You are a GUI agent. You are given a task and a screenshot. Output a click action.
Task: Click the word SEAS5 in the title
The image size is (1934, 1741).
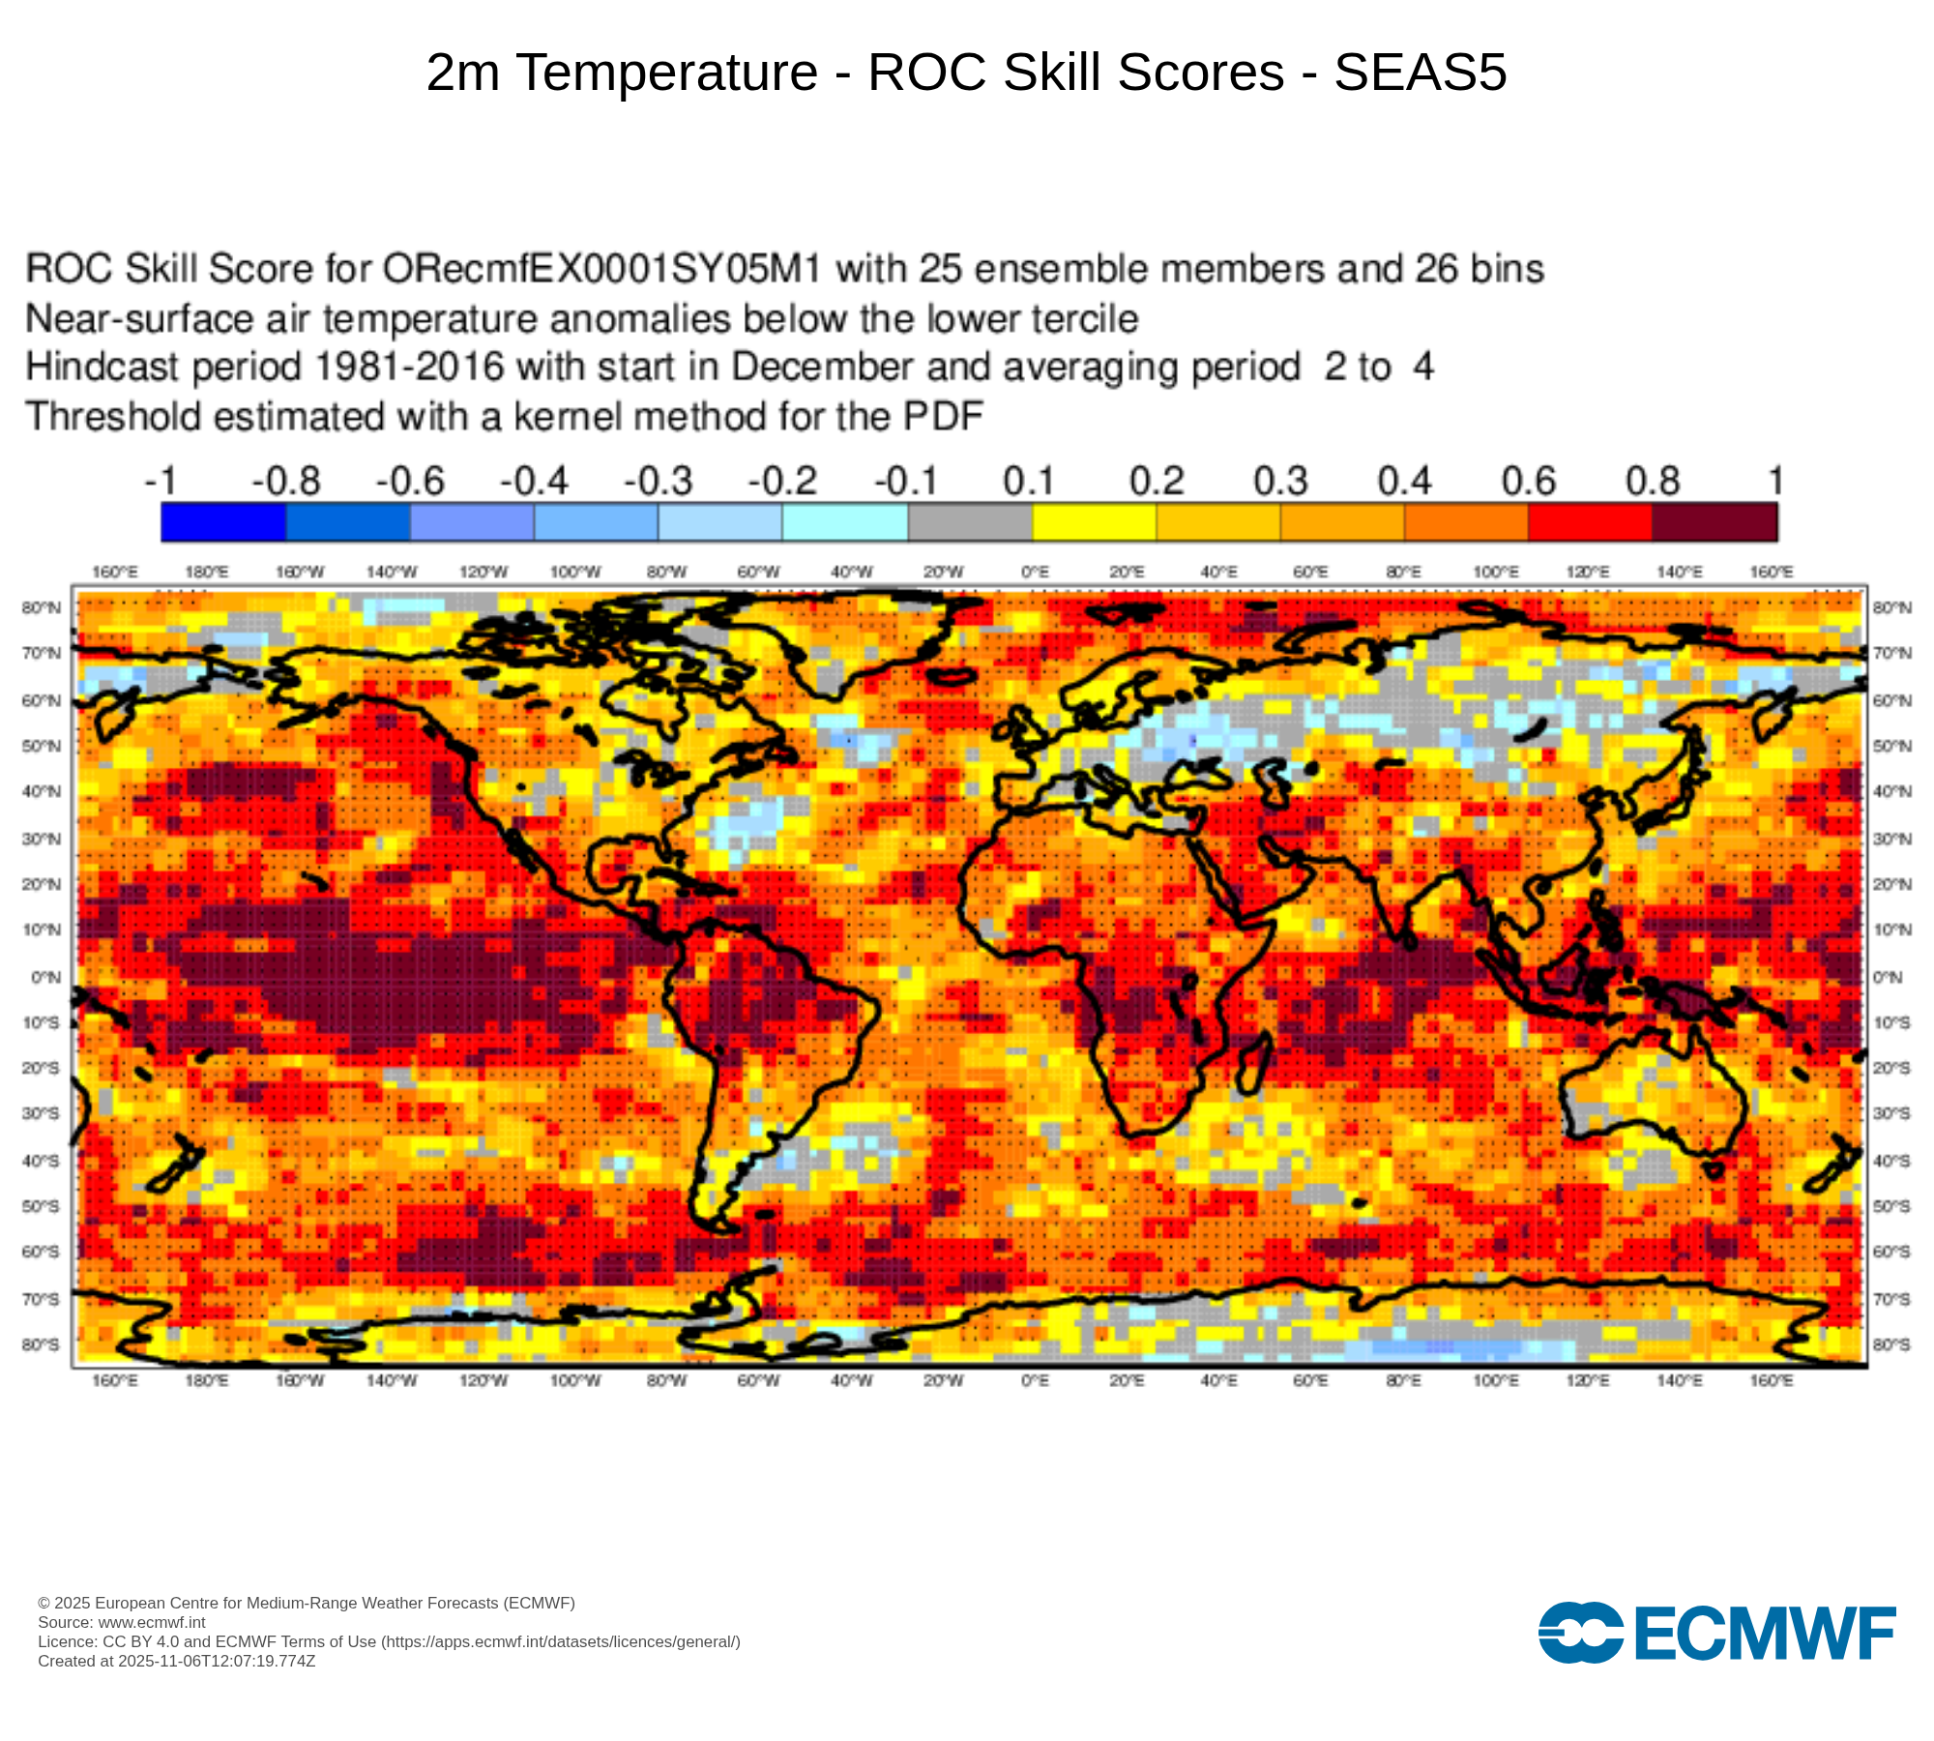(x=1420, y=73)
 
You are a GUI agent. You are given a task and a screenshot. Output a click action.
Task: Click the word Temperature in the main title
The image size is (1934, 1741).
(x=667, y=73)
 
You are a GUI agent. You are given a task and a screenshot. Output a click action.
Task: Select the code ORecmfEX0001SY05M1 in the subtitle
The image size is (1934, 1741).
(x=601, y=269)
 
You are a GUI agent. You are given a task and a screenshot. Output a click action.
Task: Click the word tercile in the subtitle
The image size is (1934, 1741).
(x=1081, y=319)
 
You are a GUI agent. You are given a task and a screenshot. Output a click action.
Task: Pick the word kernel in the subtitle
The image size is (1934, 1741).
(x=574, y=417)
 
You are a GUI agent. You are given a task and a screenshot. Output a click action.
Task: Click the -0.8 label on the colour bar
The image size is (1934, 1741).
(x=286, y=481)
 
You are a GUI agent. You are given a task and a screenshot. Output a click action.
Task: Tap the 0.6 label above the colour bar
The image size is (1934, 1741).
(x=1528, y=481)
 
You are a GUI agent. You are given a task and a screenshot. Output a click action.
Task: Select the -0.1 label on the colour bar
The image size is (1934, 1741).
(x=906, y=481)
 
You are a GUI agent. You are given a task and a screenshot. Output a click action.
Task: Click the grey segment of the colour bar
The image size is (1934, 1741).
(x=970, y=523)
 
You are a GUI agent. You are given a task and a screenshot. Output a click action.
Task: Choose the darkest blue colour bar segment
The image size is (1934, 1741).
(x=223, y=523)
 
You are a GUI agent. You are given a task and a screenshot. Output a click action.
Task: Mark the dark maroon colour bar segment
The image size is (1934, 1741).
(x=1714, y=523)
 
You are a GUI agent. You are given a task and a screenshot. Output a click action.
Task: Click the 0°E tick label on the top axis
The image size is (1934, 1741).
(x=1035, y=573)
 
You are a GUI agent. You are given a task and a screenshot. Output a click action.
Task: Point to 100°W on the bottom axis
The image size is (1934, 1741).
(x=574, y=1381)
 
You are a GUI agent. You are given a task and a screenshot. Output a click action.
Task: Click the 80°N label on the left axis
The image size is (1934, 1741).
(x=42, y=607)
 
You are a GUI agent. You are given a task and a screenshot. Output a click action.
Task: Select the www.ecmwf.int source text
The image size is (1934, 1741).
(x=152, y=1622)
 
